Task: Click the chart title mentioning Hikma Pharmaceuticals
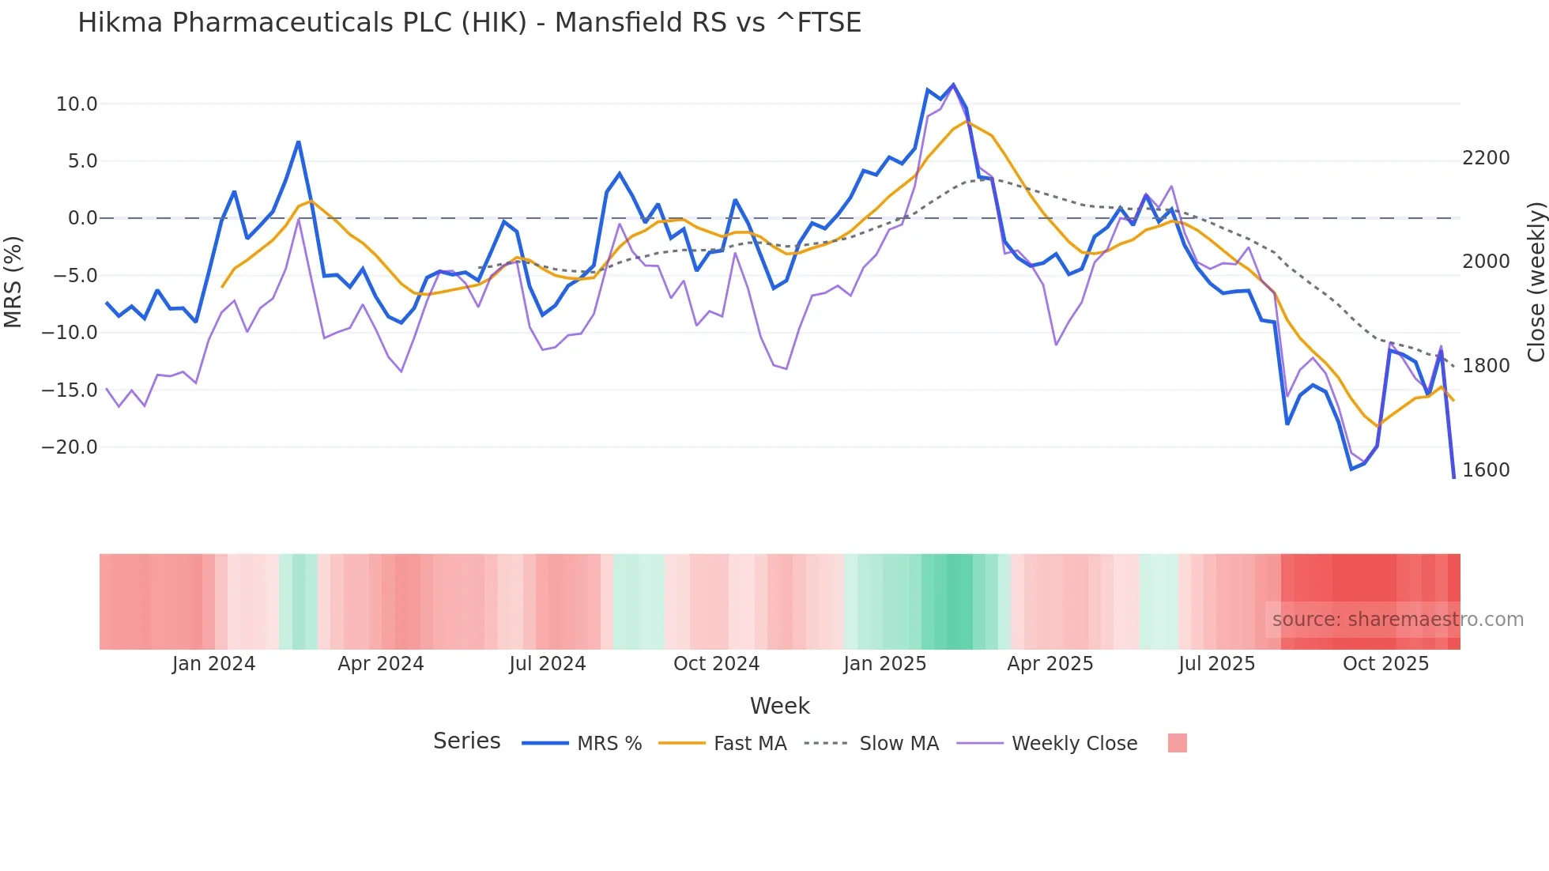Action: coord(469,23)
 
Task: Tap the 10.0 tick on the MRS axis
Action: coord(76,104)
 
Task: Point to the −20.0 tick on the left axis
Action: coord(70,447)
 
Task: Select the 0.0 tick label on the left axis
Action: coord(82,218)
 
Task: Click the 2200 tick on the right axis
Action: coord(1486,158)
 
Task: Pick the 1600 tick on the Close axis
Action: coord(1486,470)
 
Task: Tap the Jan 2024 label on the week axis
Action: coord(213,664)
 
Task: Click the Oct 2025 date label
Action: coord(1385,664)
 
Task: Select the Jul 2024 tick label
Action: coord(547,664)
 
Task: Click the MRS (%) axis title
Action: coord(13,281)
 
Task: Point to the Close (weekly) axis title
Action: coord(1536,282)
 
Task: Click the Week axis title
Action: coord(779,706)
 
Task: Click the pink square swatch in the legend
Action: coord(1177,743)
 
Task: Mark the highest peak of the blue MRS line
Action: coord(953,85)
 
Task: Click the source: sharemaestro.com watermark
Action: coord(1397,620)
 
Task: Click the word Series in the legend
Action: coord(466,741)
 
